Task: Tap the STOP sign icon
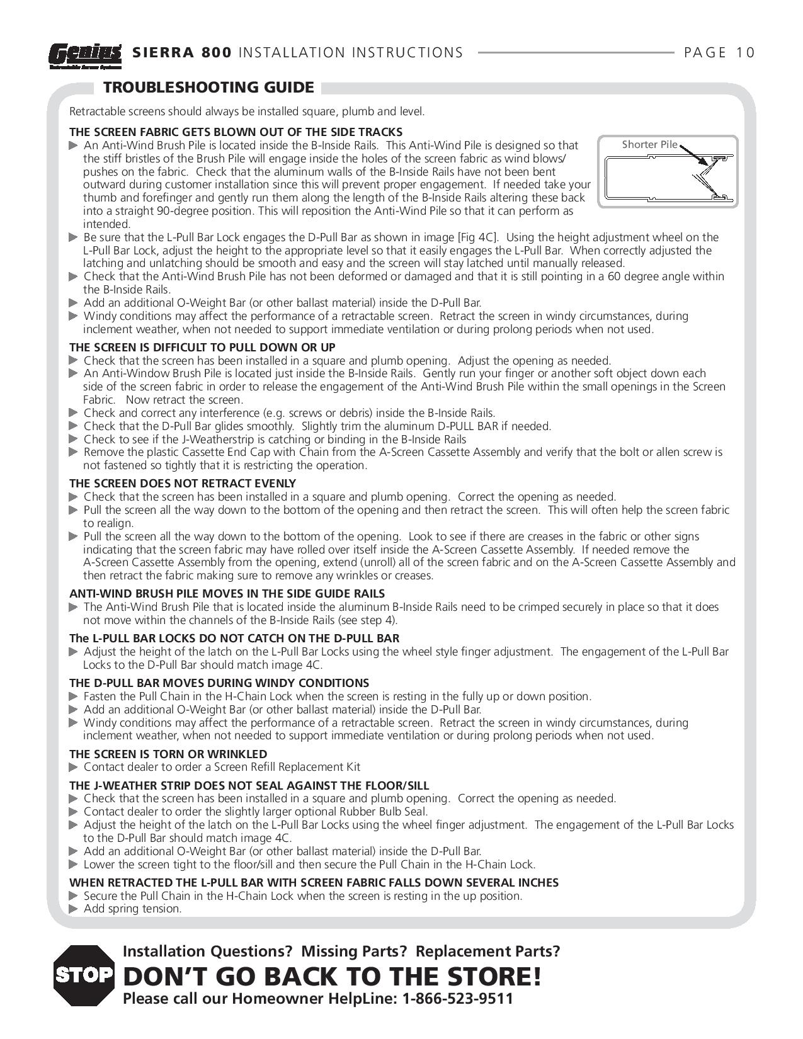84,975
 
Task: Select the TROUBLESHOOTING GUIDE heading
208,87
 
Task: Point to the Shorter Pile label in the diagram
649,144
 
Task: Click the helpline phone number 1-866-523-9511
457,999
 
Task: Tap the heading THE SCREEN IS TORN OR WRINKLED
168,754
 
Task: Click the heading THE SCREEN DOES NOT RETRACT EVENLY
183,483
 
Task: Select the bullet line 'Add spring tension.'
132,909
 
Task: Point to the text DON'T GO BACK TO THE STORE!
332,976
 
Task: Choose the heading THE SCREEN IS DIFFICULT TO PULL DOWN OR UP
202,347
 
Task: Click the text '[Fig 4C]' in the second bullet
478,237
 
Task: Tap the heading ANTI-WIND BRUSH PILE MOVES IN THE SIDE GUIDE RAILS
227,593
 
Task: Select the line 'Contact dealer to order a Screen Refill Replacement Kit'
222,767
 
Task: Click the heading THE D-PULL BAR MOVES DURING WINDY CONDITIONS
219,683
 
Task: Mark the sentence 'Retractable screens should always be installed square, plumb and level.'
247,111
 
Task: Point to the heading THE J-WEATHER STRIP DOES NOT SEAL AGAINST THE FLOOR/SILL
249,785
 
